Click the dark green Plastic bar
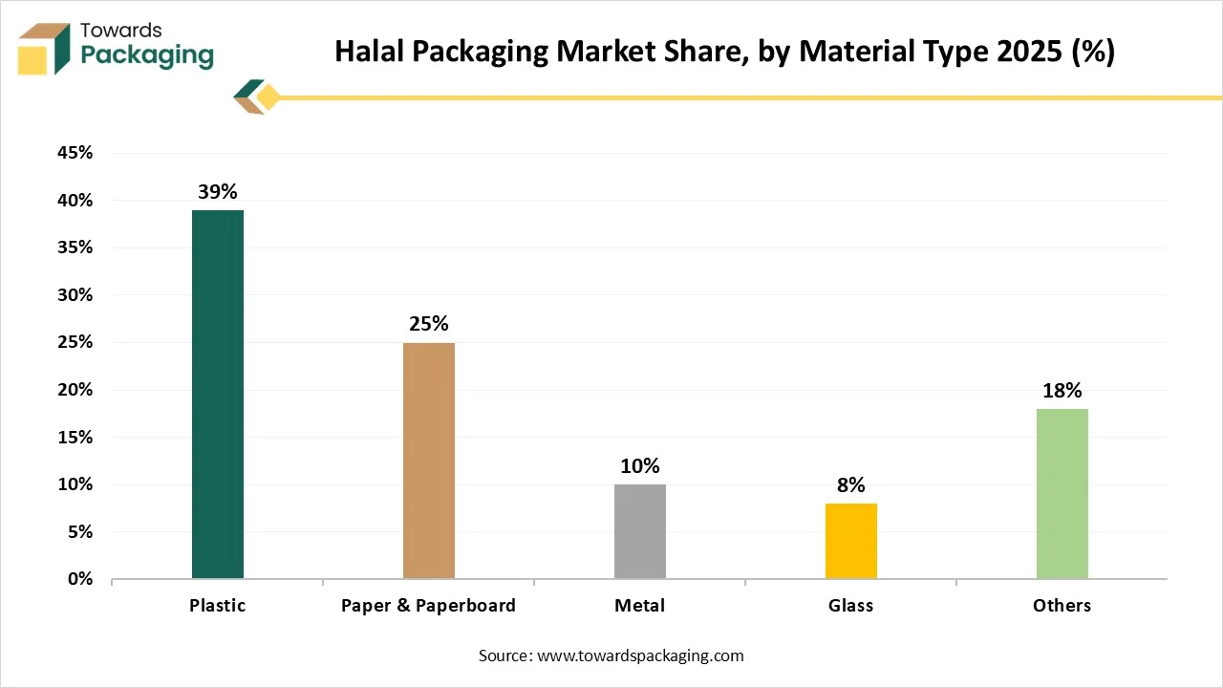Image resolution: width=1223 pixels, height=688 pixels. (x=218, y=394)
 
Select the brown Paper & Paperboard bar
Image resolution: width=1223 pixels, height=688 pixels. (x=429, y=461)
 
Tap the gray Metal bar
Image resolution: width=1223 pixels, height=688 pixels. (x=640, y=531)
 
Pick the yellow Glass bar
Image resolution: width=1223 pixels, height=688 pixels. (x=851, y=541)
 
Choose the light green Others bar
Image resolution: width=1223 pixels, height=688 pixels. (x=1062, y=493)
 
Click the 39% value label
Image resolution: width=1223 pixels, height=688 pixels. (x=218, y=192)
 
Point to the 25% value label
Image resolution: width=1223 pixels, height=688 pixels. (x=429, y=324)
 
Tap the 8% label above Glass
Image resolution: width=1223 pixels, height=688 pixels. (x=851, y=484)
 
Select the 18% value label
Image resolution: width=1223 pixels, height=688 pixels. (x=1062, y=390)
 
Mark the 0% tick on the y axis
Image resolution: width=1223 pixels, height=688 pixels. (x=78, y=579)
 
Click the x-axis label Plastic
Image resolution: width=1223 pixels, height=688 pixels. (x=218, y=606)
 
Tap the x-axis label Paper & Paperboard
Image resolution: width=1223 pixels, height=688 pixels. (x=429, y=606)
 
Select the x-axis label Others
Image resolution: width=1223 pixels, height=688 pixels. (x=1062, y=606)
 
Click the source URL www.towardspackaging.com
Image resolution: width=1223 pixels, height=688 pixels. (x=639, y=656)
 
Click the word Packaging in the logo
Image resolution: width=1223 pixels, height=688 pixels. (x=147, y=56)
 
